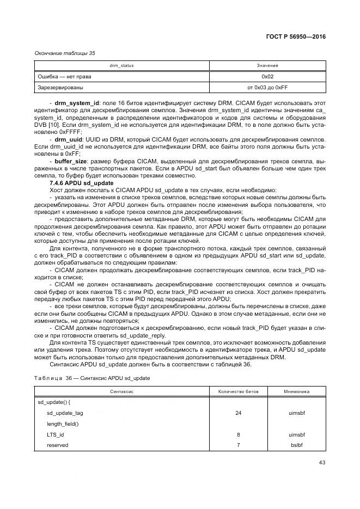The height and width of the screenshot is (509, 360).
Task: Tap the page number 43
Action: point(321,463)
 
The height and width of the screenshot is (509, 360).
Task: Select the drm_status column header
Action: point(121,66)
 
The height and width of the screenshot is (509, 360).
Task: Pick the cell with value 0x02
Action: point(267,77)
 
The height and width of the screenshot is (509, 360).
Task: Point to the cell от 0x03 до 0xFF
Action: point(267,87)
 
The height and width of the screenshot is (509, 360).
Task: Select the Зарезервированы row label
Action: point(60,87)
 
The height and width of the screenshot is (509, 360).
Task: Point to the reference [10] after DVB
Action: point(54,125)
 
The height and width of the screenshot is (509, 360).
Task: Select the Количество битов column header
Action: point(239,391)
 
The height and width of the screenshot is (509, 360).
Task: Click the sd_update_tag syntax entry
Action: point(65,413)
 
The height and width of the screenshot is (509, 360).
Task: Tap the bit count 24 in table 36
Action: point(239,413)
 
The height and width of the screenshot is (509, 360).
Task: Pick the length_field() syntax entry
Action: point(63,424)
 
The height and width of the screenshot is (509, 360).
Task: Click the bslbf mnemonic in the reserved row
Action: point(297,445)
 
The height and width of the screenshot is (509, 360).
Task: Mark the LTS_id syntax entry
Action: point(56,435)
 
